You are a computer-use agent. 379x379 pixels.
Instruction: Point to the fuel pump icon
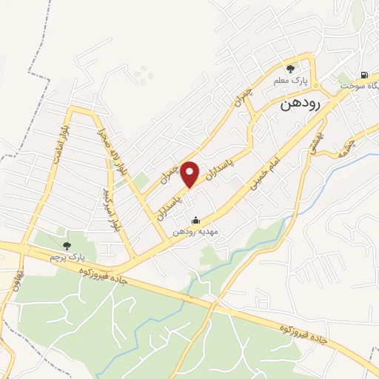pos(364,75)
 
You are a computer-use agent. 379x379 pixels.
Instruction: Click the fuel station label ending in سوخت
pos(360,86)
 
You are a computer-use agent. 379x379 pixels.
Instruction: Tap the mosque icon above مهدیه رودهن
pos(195,220)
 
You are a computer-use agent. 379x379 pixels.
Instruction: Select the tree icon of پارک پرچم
pos(67,245)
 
